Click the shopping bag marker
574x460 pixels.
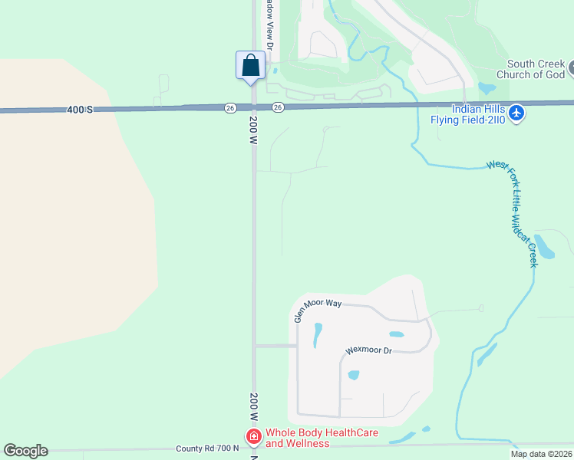tap(250, 65)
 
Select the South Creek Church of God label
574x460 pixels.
tap(530, 70)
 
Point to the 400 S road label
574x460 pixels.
tap(79, 110)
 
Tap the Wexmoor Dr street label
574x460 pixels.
tap(368, 350)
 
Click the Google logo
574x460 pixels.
tap(25, 451)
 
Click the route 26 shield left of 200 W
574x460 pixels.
tap(230, 108)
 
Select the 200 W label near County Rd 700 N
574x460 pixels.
tap(252, 407)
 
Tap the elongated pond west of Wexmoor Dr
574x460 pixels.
tap(317, 334)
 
